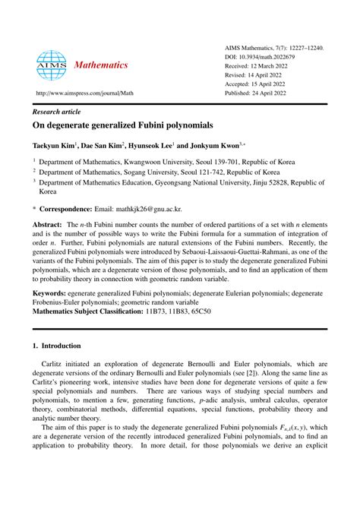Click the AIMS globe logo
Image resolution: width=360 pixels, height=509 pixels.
[x=52, y=66]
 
